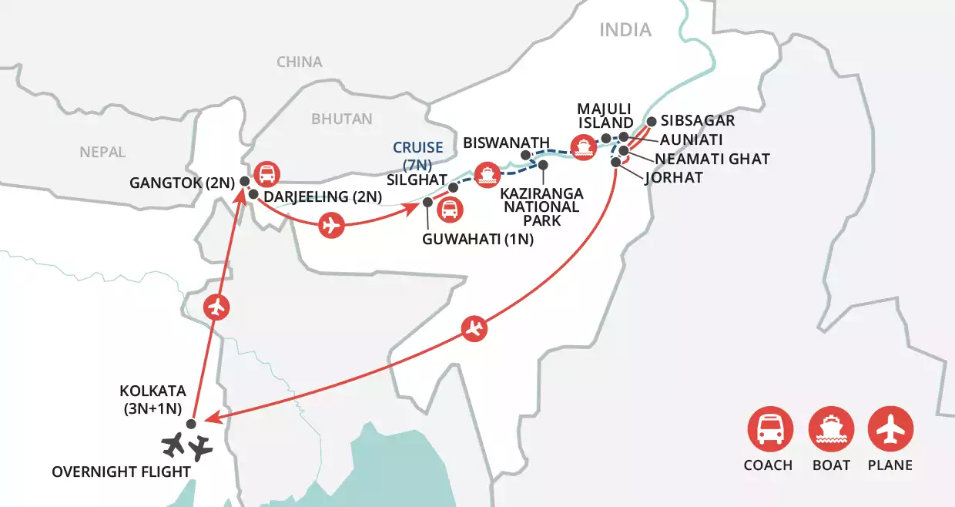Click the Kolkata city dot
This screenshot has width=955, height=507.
point(192,423)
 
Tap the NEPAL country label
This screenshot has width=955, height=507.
point(102,153)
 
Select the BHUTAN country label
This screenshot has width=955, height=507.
point(341,119)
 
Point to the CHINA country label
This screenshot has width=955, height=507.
point(300,62)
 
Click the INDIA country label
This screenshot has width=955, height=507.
point(625,30)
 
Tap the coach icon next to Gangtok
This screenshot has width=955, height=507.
point(266,174)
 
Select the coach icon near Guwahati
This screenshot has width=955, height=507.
point(450,209)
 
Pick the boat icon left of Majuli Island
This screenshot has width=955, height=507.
point(582,146)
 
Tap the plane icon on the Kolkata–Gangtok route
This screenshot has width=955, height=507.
point(217,307)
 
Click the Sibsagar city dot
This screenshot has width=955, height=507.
point(652,121)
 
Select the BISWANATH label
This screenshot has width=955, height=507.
point(506,143)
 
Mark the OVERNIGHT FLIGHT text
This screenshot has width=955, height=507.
point(121,471)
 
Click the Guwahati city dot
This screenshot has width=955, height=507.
point(428,202)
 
